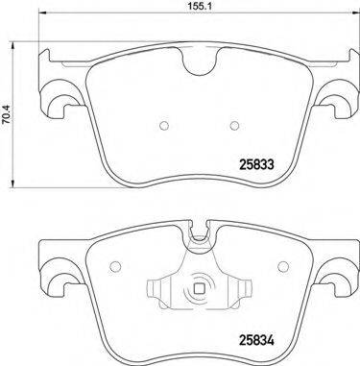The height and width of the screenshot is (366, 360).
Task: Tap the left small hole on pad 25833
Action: pyautogui.click(x=163, y=124)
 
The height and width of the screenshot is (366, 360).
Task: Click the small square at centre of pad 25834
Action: pyautogui.click(x=199, y=289)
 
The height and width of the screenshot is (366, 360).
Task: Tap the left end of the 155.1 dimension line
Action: pyautogui.click(x=40, y=18)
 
